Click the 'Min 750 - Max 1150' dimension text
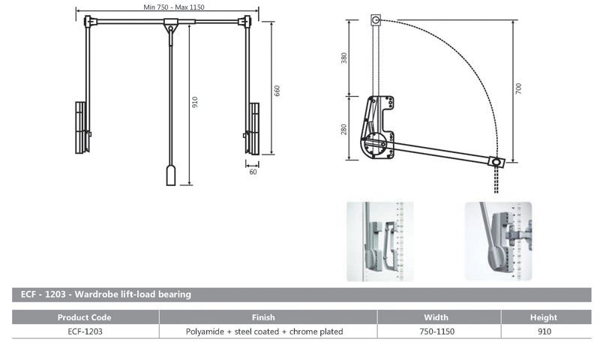pyautogui.click(x=173, y=7)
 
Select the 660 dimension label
pyautogui.click(x=277, y=90)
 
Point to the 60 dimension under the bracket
pyautogui.click(x=253, y=172)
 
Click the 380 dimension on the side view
pyautogui.click(x=344, y=58)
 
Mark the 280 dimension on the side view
pyautogui.click(x=344, y=128)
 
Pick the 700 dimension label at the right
pyautogui.click(x=519, y=88)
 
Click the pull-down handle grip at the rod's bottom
pyautogui.click(x=170, y=175)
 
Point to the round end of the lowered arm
pyautogui.click(x=495, y=161)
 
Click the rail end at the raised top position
pyautogui.click(x=376, y=20)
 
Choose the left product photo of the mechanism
pyautogui.click(x=380, y=241)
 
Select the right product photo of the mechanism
pyautogui.click(x=497, y=241)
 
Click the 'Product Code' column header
pyautogui.click(x=84, y=317)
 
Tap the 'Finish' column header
pyautogui.click(x=268, y=317)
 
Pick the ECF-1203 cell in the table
pyautogui.click(x=84, y=331)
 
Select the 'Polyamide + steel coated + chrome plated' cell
pyautogui.click(x=268, y=331)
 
